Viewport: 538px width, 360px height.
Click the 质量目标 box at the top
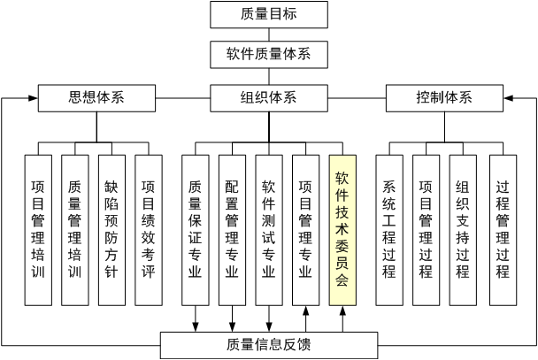coord(268,14)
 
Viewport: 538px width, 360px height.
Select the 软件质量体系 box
coord(268,54)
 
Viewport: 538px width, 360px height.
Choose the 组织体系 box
coord(268,97)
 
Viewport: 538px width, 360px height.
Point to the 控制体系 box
coord(443,97)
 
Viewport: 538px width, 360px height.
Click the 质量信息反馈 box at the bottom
coord(269,344)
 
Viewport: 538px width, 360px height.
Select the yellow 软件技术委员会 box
coord(343,229)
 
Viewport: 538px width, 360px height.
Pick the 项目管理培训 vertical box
coord(38,229)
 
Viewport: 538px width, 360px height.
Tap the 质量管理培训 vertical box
coord(75,229)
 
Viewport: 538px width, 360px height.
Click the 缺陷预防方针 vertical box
coord(111,229)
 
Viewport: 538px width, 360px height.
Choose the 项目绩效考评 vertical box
coord(149,229)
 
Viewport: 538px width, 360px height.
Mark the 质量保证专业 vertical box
coord(195,229)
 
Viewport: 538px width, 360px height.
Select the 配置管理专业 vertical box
coord(232,229)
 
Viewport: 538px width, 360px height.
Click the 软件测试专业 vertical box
coord(269,229)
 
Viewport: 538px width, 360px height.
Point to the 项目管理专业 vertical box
coord(306,229)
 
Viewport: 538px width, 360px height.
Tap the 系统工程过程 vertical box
coord(388,229)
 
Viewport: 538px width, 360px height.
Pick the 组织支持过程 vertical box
coord(463,229)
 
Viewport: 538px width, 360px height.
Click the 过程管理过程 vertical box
coord(503,229)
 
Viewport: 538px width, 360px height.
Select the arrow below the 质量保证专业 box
coord(195,318)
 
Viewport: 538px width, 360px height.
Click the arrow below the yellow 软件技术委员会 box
coord(343,317)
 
